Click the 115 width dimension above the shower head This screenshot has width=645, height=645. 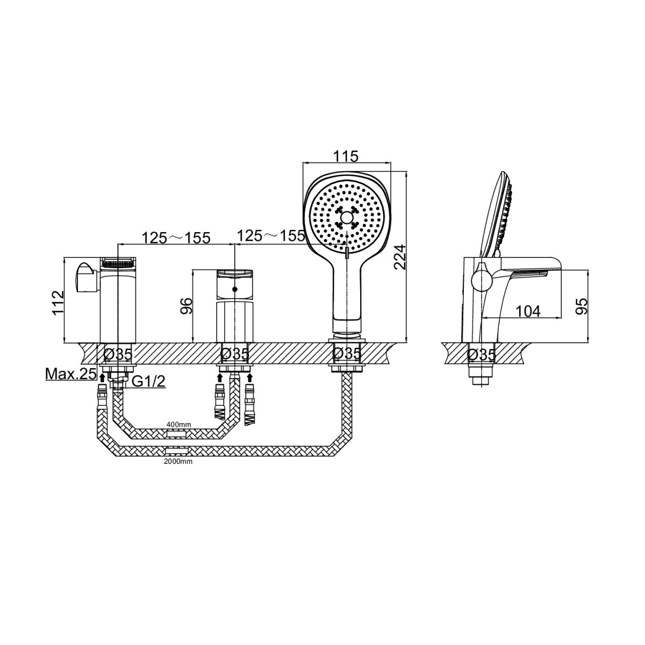pyautogui.click(x=346, y=156)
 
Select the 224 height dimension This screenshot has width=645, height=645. pyautogui.click(x=399, y=257)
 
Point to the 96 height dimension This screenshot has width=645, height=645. pyautogui.click(x=187, y=305)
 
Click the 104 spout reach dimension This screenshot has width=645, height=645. pyautogui.click(x=528, y=311)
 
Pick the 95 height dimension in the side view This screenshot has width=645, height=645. pyautogui.click(x=583, y=306)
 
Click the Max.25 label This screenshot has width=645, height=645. pyautogui.click(x=70, y=374)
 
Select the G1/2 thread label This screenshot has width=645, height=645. pyautogui.click(x=148, y=381)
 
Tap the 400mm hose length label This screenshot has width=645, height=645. pyautogui.click(x=179, y=425)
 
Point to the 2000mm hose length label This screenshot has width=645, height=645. pyautogui.click(x=178, y=462)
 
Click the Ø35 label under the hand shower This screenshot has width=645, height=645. pyautogui.click(x=347, y=354)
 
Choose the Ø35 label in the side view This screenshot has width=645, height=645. pyautogui.click(x=481, y=354)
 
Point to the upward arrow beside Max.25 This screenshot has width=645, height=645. pyautogui.click(x=103, y=377)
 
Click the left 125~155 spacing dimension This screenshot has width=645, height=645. pyautogui.click(x=176, y=238)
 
